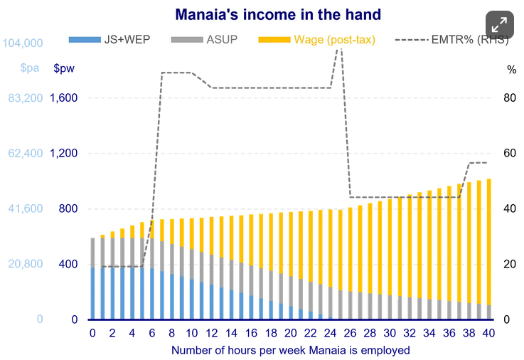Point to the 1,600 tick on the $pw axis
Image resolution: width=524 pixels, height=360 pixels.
pyautogui.click(x=63, y=98)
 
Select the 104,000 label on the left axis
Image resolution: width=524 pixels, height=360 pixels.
pyautogui.click(x=23, y=43)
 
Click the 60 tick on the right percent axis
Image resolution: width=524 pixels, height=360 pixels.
pyautogui.click(x=510, y=154)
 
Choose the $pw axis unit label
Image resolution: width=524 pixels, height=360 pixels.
pyautogui.click(x=63, y=69)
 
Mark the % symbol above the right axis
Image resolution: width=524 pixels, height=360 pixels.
pyautogui.click(x=511, y=69)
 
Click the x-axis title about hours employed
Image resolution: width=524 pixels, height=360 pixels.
pyautogui.click(x=290, y=350)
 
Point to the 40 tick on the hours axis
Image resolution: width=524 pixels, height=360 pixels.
pyautogui.click(x=488, y=333)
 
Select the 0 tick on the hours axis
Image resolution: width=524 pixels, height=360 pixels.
pyautogui.click(x=92, y=333)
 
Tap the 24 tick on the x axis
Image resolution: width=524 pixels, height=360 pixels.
pyautogui.click(x=330, y=333)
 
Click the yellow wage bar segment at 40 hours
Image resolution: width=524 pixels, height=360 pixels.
pyautogui.click(x=488, y=242)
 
